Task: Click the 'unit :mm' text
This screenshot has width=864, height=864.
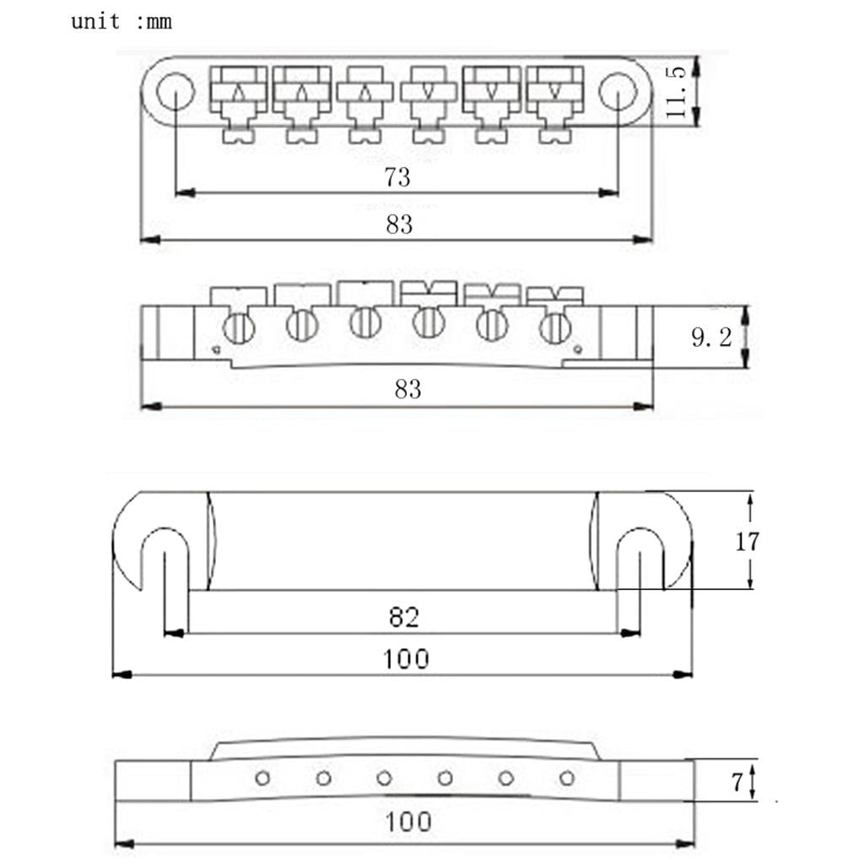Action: pos(121,22)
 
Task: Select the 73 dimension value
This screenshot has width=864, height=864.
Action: pos(397,177)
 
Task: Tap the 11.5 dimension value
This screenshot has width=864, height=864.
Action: pos(676,91)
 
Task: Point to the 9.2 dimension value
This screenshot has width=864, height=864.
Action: pos(711,337)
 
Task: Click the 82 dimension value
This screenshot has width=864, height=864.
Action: pos(404,617)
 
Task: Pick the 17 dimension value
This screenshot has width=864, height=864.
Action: pos(748,542)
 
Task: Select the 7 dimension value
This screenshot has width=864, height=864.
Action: pos(737,782)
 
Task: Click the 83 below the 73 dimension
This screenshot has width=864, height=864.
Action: pos(399,224)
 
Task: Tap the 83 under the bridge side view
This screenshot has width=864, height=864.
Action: pos(408,389)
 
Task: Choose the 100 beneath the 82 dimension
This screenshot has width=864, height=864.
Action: pos(406,659)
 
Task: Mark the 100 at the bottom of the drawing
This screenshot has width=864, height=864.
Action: pos(408,822)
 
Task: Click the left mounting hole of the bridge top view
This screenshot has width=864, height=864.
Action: pos(175,91)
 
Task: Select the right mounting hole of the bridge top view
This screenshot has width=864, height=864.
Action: pos(618,91)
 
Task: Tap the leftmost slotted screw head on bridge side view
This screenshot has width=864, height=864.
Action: pos(239,329)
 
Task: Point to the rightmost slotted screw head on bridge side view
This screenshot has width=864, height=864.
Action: pos(555,328)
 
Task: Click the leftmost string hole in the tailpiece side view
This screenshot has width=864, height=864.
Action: pos(263,778)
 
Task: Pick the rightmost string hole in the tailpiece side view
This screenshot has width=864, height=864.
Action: pos(567,778)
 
